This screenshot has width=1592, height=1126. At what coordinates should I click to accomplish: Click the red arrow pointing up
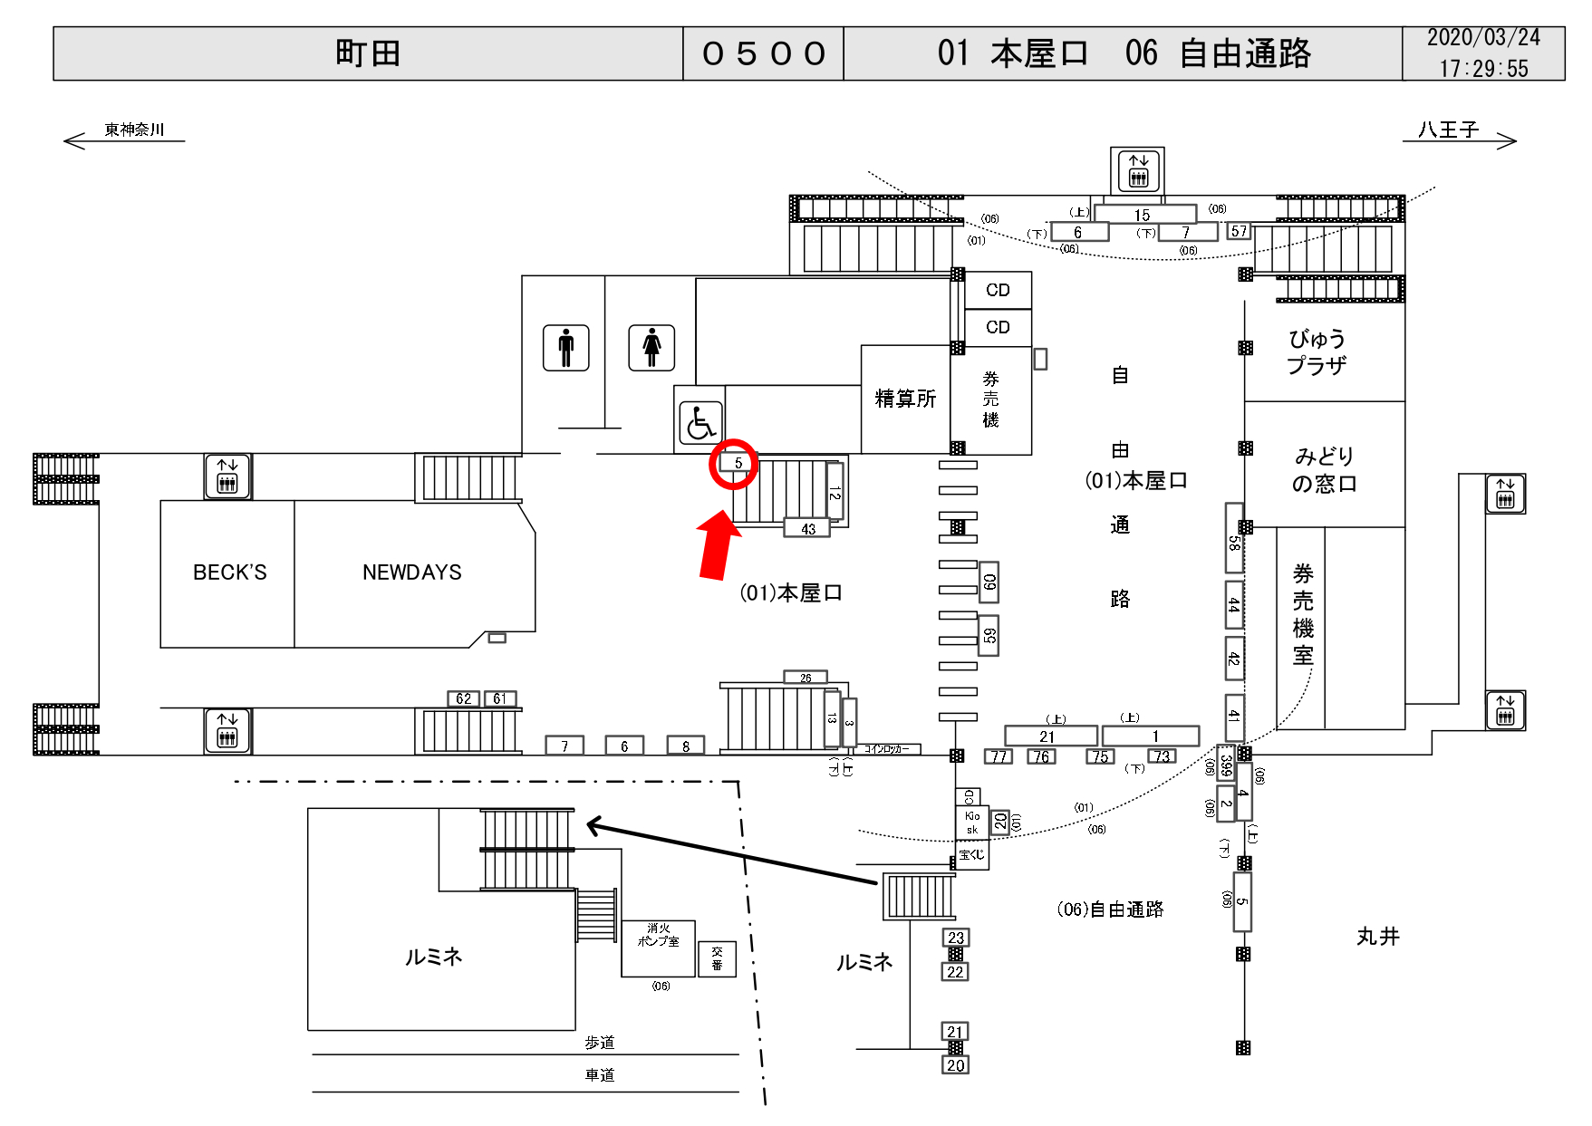coord(717,545)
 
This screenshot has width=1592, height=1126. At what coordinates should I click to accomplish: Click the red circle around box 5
coord(733,463)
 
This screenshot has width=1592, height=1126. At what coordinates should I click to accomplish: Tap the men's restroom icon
coord(566,348)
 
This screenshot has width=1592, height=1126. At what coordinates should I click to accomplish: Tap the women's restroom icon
coord(651,348)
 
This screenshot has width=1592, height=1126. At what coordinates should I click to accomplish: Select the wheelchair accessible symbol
coord(700,422)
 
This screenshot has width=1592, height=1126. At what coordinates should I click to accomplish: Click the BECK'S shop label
coord(229,573)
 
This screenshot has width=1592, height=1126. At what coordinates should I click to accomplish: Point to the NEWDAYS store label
coord(411,573)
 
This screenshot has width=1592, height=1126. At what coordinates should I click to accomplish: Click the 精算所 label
coord(904,399)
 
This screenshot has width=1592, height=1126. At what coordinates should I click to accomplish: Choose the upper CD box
coord(998,290)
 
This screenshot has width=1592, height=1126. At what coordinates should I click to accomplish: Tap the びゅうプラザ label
coord(1317,352)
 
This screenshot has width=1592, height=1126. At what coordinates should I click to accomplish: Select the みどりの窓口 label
coord(1324,469)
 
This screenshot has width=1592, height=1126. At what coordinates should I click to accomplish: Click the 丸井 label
coord(1377,937)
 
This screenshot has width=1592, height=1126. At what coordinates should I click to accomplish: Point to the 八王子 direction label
coord(1448,130)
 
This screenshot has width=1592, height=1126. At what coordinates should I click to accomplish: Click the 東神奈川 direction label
coord(134,130)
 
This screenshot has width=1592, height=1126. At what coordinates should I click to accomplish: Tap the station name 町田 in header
coord(368,53)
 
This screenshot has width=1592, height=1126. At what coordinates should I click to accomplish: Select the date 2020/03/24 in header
coord(1483,38)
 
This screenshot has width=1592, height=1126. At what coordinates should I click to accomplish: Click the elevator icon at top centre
coord(1138,170)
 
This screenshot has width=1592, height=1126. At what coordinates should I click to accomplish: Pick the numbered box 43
coord(807,529)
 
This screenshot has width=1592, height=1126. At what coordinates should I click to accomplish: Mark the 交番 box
coord(717,958)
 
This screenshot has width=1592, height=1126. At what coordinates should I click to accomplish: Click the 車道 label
coord(599,1075)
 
